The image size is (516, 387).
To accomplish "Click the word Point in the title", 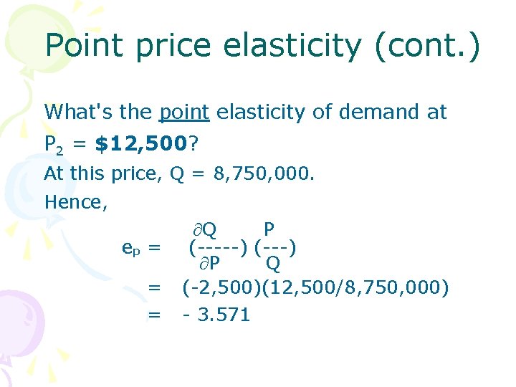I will click(85, 46).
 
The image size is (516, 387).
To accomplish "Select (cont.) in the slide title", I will click(427, 46).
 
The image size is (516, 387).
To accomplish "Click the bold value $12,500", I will click(140, 145).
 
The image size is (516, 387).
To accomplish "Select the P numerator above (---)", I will click(269, 230).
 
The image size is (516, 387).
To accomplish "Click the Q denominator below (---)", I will click(273, 264).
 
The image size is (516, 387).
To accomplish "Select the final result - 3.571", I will click(216, 315).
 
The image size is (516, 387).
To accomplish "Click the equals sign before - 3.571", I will click(153, 315).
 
